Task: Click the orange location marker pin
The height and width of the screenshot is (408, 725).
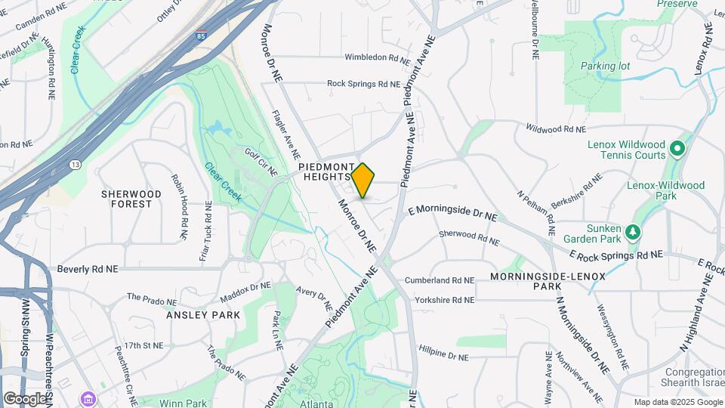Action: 363,180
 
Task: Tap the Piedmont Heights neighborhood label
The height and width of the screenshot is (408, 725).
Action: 325,172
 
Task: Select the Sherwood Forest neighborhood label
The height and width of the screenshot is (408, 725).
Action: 131,199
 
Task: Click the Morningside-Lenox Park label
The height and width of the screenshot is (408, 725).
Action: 548,282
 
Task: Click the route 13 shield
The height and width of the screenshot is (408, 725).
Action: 75,163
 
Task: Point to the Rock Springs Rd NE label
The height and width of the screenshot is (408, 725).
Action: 363,84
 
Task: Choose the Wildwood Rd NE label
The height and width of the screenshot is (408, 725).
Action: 557,129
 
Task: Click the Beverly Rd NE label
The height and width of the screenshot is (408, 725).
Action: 88,268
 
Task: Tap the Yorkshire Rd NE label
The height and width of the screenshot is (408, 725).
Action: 440,300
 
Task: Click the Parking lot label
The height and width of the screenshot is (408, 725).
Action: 605,66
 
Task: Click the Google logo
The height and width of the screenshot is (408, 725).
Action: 25,398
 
